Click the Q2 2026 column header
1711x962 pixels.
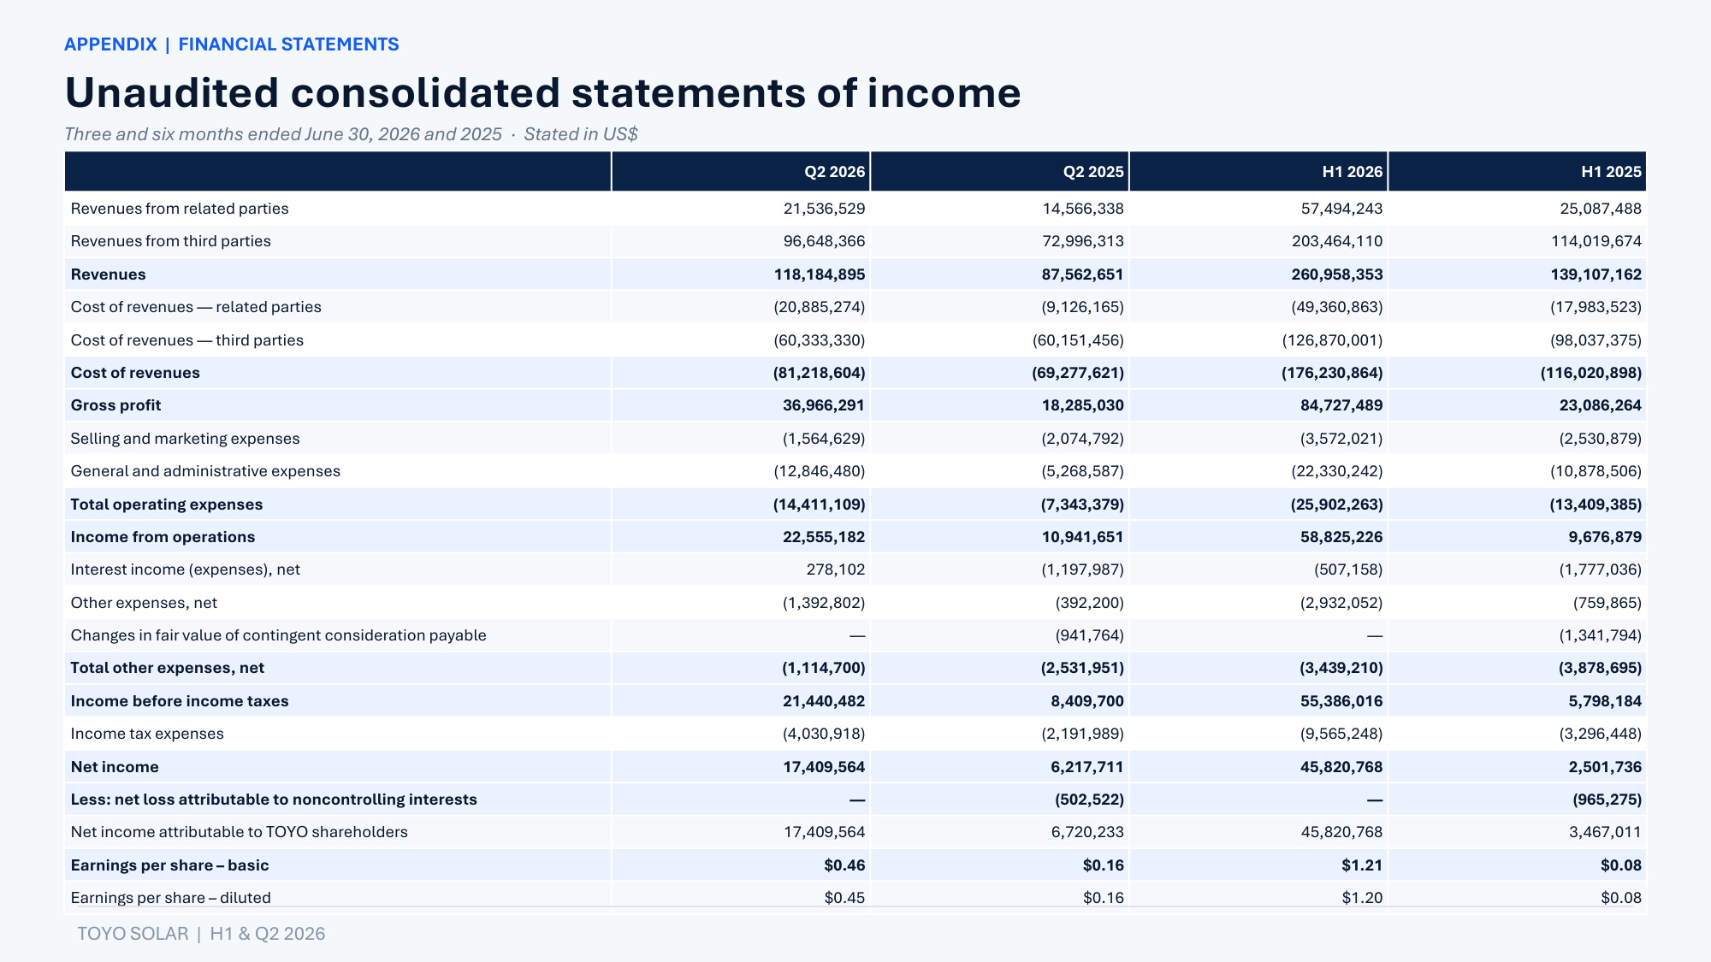pos(834,172)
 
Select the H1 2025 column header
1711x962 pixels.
pos(1611,172)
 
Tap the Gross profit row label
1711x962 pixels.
pos(115,405)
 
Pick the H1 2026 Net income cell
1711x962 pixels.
pos(1341,767)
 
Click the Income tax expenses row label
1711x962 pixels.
pos(147,734)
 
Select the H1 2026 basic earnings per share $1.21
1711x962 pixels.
pos(1362,865)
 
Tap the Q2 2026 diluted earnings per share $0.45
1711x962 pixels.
pos(844,898)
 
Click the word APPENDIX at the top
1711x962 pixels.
pos(110,44)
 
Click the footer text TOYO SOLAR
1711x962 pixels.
pos(133,934)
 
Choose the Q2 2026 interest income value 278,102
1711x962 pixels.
pos(836,570)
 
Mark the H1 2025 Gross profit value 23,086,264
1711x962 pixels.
pos(1601,405)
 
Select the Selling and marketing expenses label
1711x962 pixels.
pos(185,439)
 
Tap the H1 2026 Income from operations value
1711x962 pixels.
pos(1341,537)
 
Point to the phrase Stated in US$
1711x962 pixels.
pos(581,134)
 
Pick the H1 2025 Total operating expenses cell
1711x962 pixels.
pos(1596,505)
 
